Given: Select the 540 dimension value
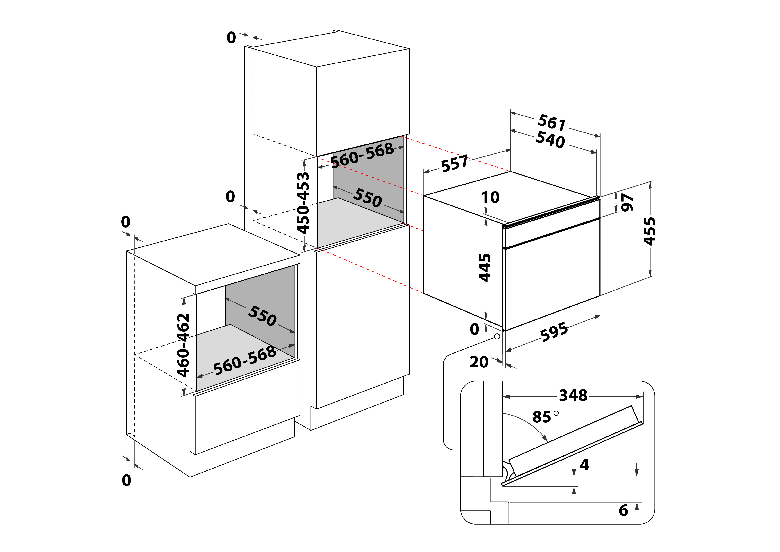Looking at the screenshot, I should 550,140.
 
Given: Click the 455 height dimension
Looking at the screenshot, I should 650,231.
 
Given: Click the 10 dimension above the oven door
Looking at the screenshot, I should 490,197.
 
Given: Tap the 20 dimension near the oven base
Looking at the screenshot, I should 479,362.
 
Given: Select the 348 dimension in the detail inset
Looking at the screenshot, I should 573,395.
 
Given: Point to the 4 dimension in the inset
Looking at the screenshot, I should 584,465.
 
